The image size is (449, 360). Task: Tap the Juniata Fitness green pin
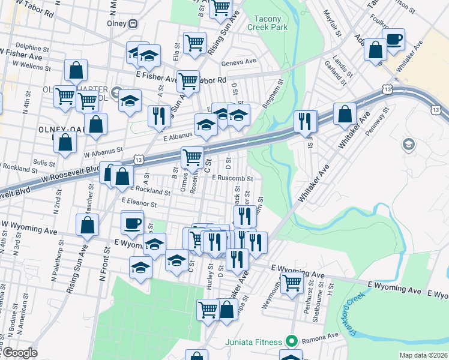[292, 342]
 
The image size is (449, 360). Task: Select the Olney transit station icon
[133, 24]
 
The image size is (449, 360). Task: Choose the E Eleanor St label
[139, 203]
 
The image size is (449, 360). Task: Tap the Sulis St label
[44, 162]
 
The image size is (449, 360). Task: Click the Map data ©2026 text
[423, 355]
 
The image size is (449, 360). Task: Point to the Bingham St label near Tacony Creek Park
[276, 91]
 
